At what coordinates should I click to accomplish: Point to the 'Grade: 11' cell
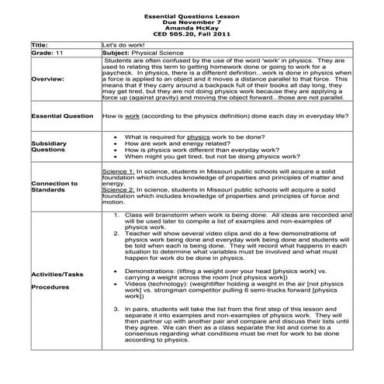pos(46,54)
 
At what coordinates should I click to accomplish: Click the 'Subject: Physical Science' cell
pos(138,54)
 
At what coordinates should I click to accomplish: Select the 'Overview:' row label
pos(51,78)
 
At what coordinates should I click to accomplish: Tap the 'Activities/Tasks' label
pos(58,274)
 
